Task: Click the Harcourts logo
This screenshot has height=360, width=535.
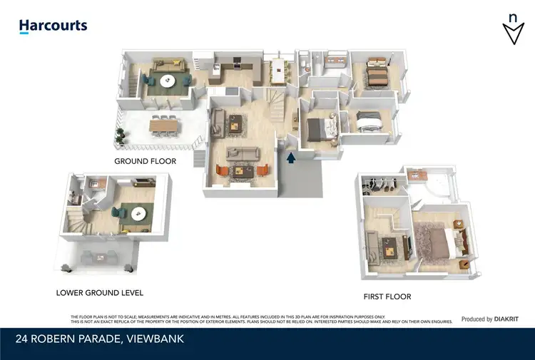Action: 53,26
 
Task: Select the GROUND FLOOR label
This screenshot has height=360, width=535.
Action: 145,162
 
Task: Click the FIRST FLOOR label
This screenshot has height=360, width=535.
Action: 387,297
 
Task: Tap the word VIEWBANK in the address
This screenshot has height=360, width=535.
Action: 155,339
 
